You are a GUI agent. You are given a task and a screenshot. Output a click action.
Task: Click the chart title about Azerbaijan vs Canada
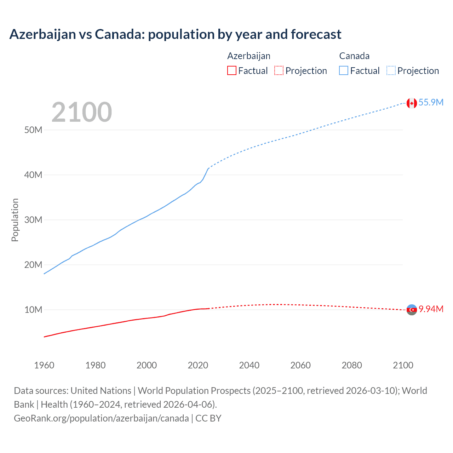pyautogui.click(x=175, y=34)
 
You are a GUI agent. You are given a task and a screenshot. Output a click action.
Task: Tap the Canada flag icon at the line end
pyautogui.click(x=411, y=103)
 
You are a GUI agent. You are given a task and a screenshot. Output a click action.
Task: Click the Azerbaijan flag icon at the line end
pyautogui.click(x=412, y=310)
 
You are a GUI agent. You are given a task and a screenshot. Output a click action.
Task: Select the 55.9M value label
pyautogui.click(x=431, y=102)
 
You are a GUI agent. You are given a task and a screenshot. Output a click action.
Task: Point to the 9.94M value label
pyautogui.click(x=431, y=309)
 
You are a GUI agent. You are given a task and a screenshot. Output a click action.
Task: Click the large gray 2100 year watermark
pyautogui.click(x=82, y=112)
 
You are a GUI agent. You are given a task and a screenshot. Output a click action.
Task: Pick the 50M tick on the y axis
pyautogui.click(x=33, y=130)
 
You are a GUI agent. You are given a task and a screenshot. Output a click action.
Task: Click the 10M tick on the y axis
pyautogui.click(x=33, y=310)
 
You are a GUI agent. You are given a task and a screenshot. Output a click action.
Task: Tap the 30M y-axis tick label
pyautogui.click(x=33, y=220)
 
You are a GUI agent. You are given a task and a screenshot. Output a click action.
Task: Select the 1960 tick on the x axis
pyautogui.click(x=44, y=365)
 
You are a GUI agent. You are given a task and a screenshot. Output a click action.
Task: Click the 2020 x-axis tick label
pyautogui.click(x=198, y=365)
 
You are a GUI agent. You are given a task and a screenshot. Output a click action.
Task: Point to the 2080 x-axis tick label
pyautogui.click(x=352, y=365)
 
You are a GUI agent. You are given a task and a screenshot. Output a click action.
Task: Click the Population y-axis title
pyautogui.click(x=15, y=220)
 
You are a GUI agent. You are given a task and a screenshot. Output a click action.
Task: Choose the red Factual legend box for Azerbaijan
pyautogui.click(x=231, y=70)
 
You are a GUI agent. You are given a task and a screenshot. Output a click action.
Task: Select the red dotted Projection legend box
pyautogui.click(x=279, y=70)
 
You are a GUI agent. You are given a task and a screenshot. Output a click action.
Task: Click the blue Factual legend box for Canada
pyautogui.click(x=344, y=70)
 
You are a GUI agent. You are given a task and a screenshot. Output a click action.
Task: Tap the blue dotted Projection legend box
pyautogui.click(x=391, y=70)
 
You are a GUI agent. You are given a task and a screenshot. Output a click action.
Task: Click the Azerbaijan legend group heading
pyautogui.click(x=249, y=56)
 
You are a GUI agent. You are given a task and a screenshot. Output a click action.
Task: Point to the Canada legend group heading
pyautogui.click(x=354, y=56)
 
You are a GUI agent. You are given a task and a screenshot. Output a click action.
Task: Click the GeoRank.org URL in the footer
pyautogui.click(x=101, y=418)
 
